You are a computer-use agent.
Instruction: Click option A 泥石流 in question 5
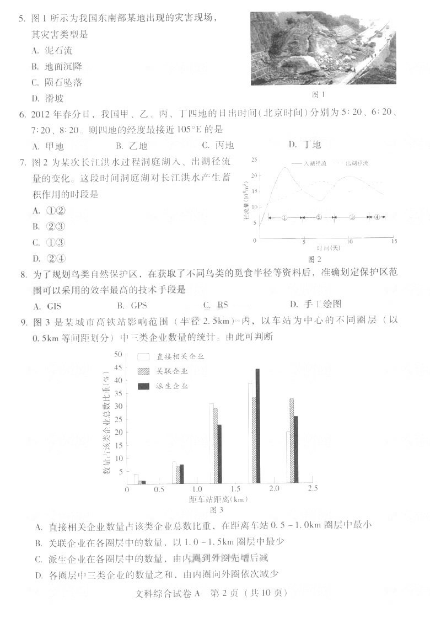[52, 51]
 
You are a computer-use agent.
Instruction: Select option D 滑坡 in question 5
[48, 99]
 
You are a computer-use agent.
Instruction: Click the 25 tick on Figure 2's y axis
[254, 160]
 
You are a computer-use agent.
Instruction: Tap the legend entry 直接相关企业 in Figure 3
[180, 357]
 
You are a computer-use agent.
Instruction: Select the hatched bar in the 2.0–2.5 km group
[292, 441]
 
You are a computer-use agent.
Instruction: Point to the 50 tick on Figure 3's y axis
[118, 354]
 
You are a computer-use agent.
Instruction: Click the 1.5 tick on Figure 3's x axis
[236, 490]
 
